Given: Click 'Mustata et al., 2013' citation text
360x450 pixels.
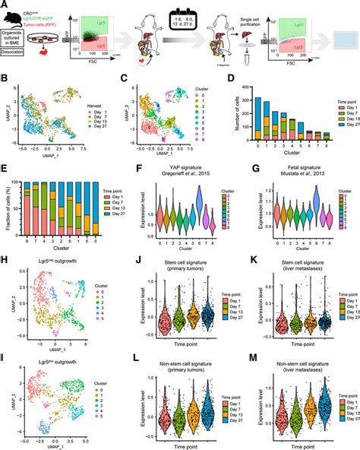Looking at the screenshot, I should point(286,182).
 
